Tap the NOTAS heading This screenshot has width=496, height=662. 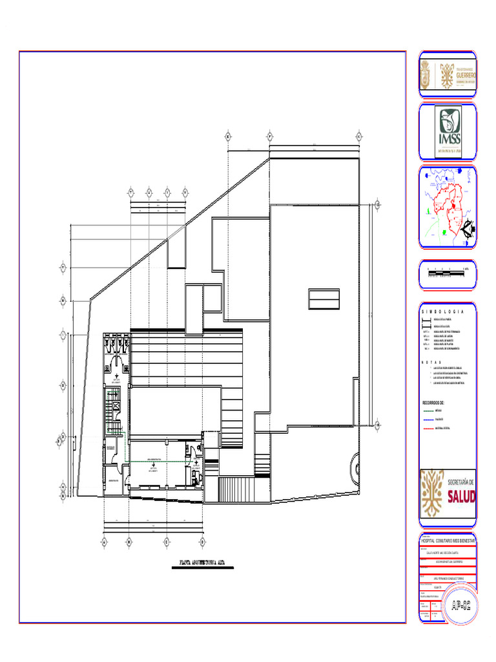click(431, 362)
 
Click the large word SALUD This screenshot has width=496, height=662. click(461, 496)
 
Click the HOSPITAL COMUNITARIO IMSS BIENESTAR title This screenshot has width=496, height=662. click(448, 539)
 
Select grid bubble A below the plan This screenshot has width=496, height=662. click(105, 541)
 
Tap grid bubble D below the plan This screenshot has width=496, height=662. click(202, 541)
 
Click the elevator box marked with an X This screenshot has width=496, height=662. click(117, 406)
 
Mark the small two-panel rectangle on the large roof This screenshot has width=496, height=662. click(324, 300)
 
